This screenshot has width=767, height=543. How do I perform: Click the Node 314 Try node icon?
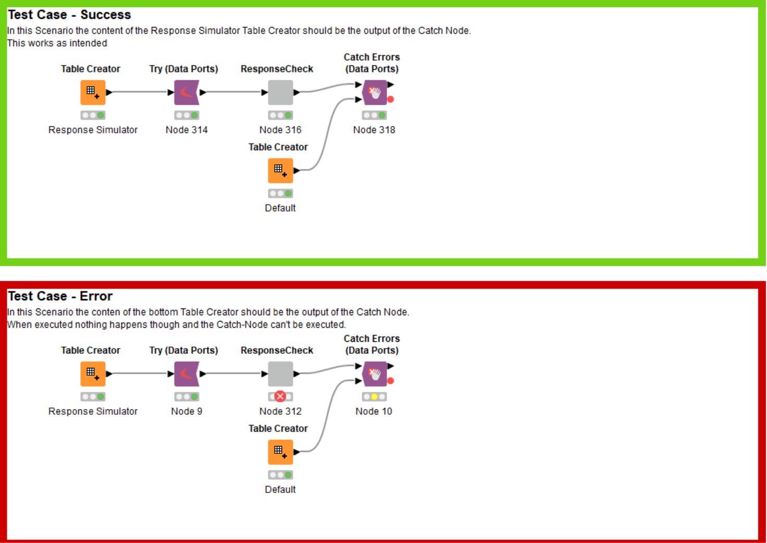click(187, 93)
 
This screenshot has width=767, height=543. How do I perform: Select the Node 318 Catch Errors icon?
click(375, 93)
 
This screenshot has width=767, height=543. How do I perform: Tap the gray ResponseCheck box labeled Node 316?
click(280, 93)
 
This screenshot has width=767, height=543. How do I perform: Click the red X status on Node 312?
click(280, 397)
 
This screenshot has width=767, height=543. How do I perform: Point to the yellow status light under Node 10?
click(374, 397)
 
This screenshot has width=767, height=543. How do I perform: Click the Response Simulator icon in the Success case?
click(93, 93)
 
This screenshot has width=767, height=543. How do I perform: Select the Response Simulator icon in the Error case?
click(93, 374)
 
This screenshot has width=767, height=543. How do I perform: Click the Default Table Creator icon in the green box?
click(280, 171)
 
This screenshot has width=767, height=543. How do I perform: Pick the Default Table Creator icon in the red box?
click(280, 452)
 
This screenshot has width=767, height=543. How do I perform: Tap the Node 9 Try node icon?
click(187, 374)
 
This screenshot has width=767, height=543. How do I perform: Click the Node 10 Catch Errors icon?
click(375, 374)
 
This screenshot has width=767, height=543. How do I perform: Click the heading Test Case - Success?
click(69, 15)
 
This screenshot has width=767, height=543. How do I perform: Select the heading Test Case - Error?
click(60, 296)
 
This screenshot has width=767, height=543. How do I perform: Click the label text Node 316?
click(280, 130)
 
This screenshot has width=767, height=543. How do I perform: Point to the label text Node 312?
click(280, 411)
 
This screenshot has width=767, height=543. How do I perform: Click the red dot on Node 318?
click(390, 100)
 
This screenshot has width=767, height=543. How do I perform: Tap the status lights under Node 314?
click(187, 115)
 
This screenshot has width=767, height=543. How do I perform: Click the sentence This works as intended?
click(57, 43)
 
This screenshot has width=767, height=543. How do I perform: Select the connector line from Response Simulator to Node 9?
click(140, 374)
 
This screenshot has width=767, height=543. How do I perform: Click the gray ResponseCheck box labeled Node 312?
click(280, 374)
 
